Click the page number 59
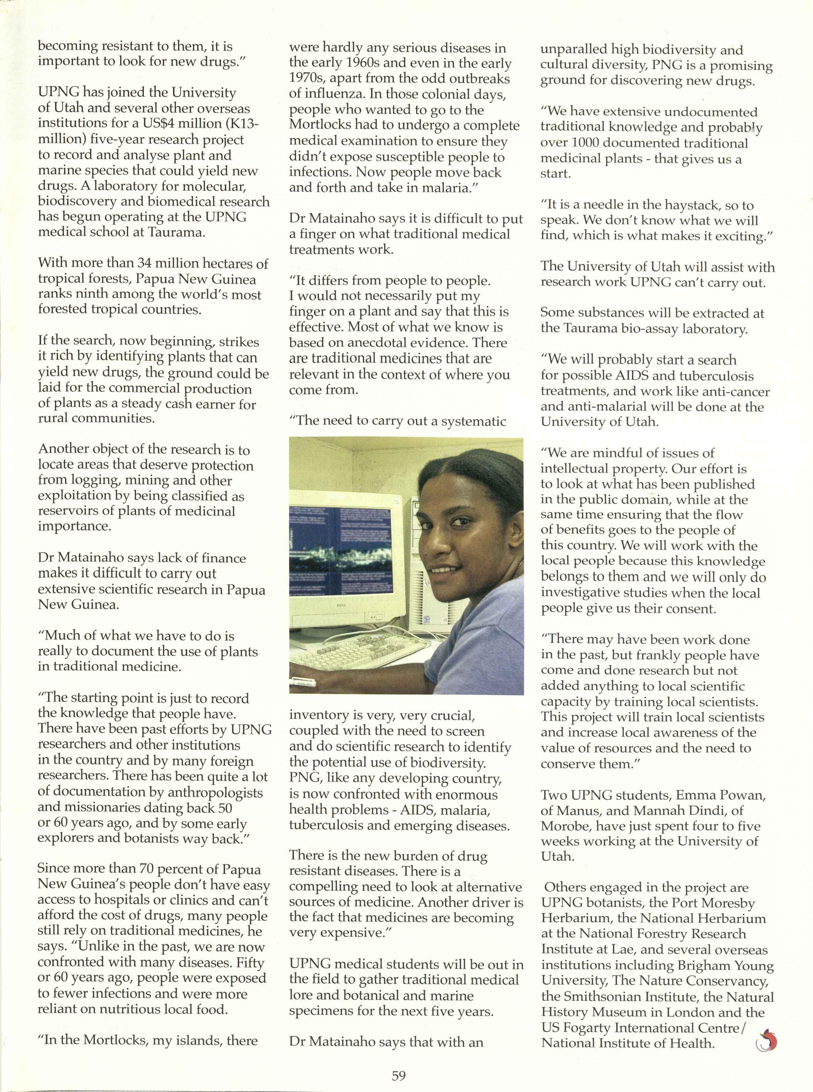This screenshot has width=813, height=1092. (399, 1076)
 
